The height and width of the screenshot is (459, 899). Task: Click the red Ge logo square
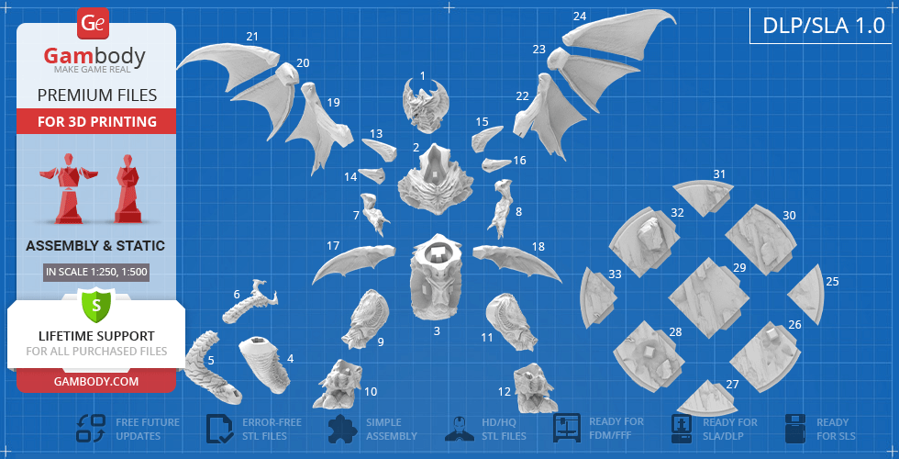click(93, 24)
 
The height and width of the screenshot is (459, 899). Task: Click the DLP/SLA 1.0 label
click(824, 26)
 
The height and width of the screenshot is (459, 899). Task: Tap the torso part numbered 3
click(437, 276)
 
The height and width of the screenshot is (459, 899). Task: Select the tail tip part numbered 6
click(250, 302)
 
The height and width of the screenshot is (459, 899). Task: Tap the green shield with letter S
click(96, 306)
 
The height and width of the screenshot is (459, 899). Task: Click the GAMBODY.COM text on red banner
click(96, 381)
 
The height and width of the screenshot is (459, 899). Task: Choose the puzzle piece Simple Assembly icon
click(343, 429)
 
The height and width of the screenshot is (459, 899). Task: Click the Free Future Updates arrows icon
click(91, 429)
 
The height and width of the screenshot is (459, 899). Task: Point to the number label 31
click(719, 174)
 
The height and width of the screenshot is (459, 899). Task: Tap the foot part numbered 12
click(534, 387)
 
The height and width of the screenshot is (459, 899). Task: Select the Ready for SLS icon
click(796, 429)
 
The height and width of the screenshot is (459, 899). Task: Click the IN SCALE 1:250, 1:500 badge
click(96, 273)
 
